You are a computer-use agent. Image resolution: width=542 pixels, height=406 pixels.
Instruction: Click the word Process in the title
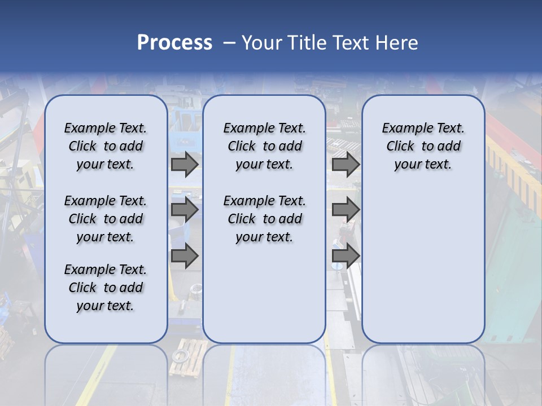174,42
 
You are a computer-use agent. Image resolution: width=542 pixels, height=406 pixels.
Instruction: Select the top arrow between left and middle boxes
185,165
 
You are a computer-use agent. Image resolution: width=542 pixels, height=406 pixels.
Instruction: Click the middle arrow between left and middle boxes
185,210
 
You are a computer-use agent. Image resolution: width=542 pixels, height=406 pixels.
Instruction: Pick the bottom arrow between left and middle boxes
185,256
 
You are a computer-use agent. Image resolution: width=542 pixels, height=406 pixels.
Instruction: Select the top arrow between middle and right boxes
346,165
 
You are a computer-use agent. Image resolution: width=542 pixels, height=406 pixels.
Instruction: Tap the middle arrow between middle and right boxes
346,210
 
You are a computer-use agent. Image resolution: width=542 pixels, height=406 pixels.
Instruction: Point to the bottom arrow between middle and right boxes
346,256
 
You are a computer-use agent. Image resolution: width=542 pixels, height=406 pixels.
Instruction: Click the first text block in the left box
106,146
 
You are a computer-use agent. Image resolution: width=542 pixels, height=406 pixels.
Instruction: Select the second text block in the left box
106,219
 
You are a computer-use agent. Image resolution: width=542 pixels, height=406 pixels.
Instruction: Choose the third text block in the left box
106,288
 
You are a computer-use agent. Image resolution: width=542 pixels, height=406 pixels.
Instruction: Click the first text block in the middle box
264,146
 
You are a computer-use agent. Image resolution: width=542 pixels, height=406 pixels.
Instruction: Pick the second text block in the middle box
264,219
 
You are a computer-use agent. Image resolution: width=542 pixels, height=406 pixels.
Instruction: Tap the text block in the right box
423,146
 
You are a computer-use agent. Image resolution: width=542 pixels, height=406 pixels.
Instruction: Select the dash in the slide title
229,42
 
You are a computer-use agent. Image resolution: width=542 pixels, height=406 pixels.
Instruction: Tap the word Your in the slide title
262,42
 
